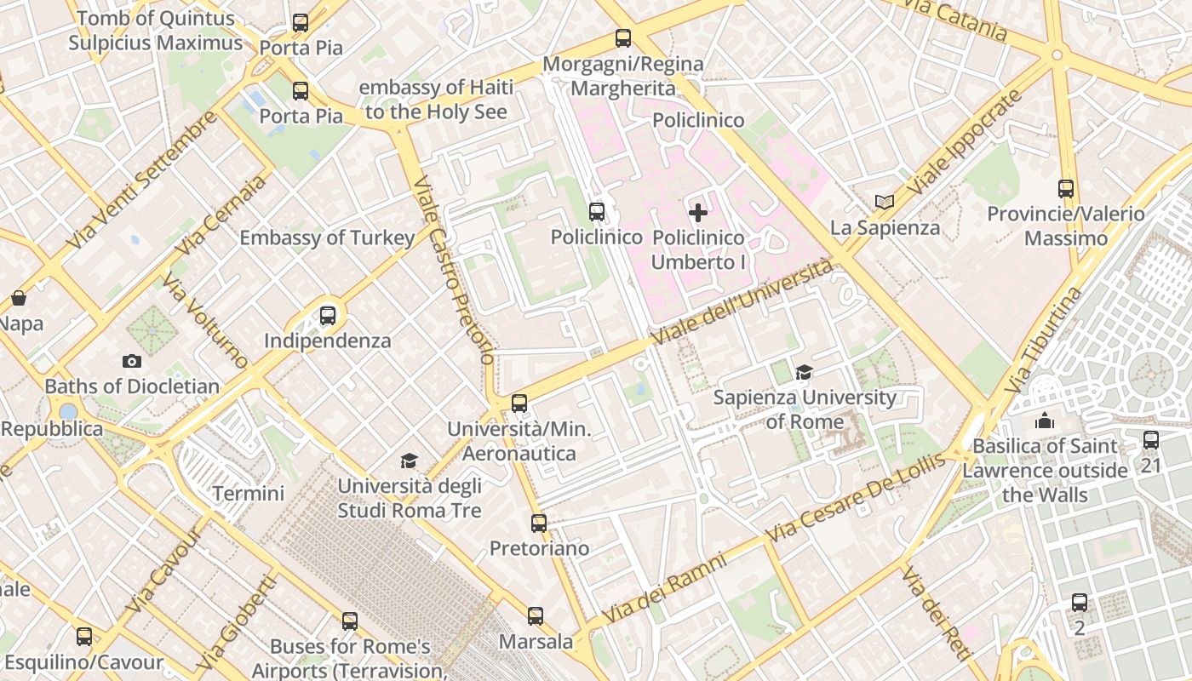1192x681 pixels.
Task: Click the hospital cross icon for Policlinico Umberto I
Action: [x=698, y=212]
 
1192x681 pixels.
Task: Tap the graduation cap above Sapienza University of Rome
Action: [x=804, y=372]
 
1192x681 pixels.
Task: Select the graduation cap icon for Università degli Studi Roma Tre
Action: [x=410, y=461]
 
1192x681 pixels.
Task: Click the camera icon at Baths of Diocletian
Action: [x=131, y=361]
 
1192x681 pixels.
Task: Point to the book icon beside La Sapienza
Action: [x=885, y=202]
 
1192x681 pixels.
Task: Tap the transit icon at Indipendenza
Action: [x=328, y=316]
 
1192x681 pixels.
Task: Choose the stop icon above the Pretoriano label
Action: [x=539, y=523]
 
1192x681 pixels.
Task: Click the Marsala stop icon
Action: [x=536, y=615]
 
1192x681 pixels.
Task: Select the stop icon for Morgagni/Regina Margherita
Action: [x=623, y=38]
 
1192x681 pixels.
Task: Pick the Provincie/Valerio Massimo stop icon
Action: [x=1066, y=188]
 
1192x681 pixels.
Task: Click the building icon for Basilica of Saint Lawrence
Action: [x=1045, y=421]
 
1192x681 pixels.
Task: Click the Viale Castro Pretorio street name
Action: [x=452, y=271]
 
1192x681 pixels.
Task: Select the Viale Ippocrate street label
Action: [x=964, y=141]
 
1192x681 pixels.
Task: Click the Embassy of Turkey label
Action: [x=327, y=237]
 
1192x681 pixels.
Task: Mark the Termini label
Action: [x=248, y=493]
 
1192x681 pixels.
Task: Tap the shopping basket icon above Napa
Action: [x=19, y=298]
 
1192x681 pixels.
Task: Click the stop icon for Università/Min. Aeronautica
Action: [x=519, y=403]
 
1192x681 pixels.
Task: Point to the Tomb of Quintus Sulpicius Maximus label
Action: [x=155, y=31]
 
